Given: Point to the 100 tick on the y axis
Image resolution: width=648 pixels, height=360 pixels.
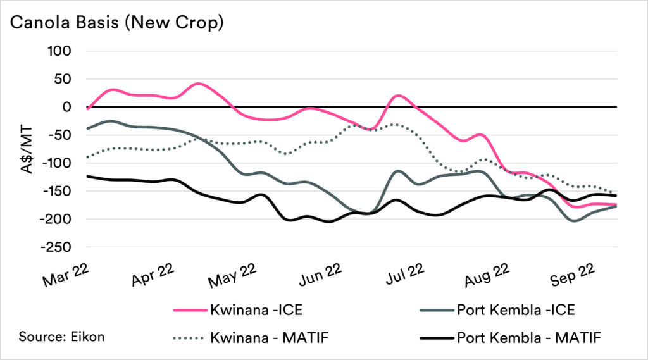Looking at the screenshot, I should (x=63, y=51).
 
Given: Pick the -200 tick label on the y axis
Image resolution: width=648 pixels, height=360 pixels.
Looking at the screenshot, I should (x=60, y=219).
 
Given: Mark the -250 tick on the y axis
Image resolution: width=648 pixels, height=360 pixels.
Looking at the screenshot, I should (x=60, y=247).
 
